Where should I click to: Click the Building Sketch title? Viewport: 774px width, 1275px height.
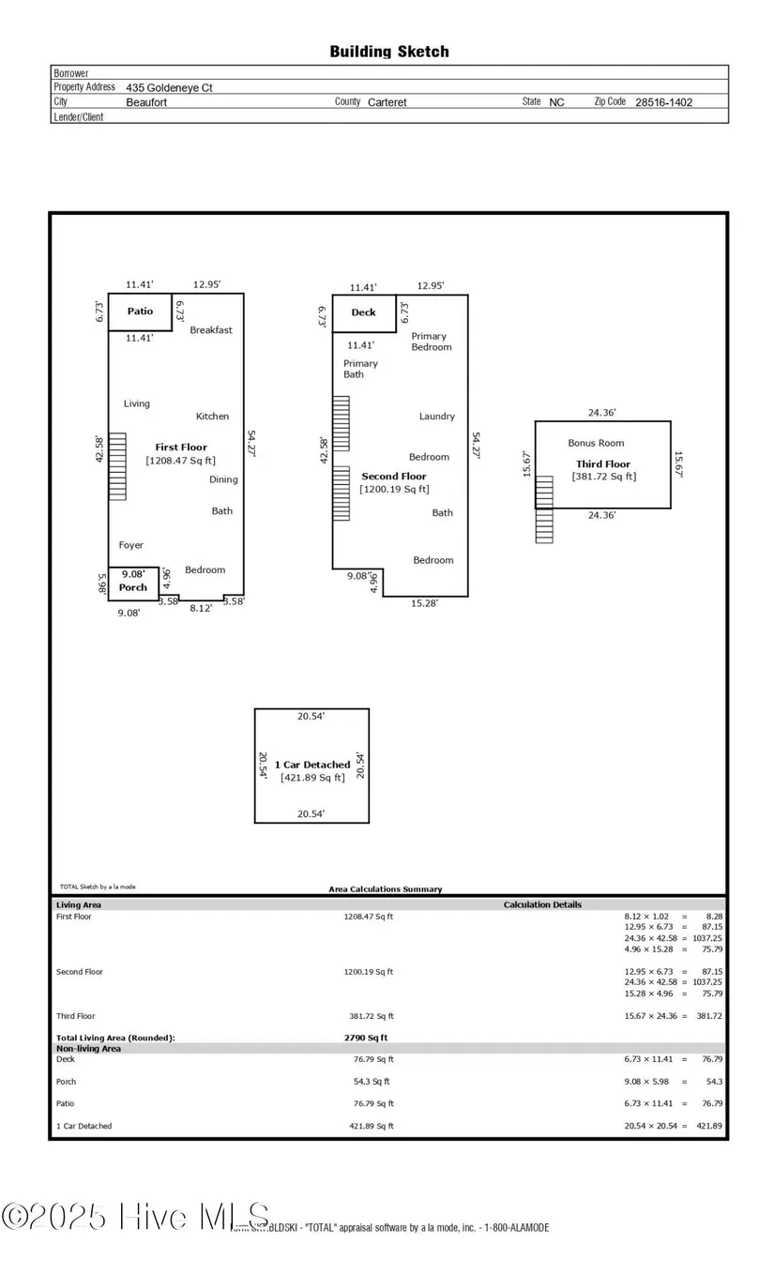[388, 52]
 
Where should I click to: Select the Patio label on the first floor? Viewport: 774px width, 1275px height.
[140, 311]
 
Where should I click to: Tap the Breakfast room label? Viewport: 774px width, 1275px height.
[211, 330]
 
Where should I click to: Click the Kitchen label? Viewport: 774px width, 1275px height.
[212, 417]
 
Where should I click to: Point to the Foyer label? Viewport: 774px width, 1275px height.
[131, 545]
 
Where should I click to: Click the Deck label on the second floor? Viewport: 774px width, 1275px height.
[363, 312]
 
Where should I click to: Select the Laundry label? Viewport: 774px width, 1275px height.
[437, 417]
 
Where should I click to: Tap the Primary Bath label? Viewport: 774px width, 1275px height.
[360, 369]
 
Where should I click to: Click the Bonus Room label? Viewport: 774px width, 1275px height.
[596, 443]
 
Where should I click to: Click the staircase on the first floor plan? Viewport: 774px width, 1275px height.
[117, 466]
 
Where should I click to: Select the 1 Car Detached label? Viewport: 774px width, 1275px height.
[312, 765]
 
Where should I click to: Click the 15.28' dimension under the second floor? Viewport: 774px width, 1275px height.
[423, 603]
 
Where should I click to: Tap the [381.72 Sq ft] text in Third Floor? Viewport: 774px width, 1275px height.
[604, 477]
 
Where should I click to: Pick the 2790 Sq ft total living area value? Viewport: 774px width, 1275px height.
[366, 1038]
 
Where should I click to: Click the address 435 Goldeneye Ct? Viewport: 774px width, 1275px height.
[170, 87]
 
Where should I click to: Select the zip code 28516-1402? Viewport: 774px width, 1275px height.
[663, 102]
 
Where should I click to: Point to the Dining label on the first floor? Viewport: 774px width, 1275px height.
[223, 479]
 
